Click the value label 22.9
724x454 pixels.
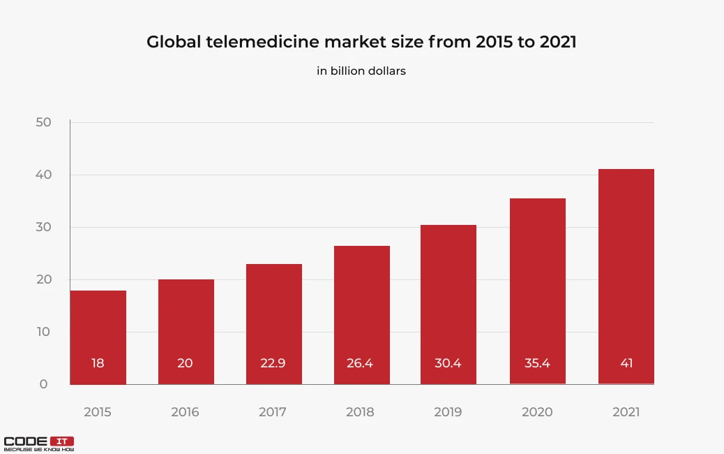273,363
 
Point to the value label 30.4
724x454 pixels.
448,363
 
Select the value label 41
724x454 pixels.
626,363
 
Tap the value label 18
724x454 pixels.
98,363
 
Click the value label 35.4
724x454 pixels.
538,363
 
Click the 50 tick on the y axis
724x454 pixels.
43,122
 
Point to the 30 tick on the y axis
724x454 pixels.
43,227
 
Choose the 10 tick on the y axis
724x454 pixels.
43,332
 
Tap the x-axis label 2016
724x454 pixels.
185,412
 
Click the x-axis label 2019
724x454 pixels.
448,412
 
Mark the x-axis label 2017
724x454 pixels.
273,412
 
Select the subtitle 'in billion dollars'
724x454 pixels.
361,71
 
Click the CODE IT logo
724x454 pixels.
38,444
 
